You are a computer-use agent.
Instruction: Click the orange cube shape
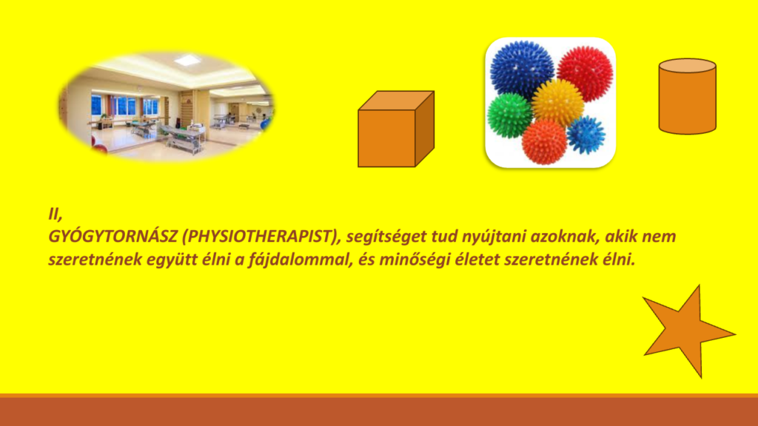396,129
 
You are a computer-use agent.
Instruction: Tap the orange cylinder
688,97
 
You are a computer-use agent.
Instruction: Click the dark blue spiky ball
522,70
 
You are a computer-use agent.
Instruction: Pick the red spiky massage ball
585,73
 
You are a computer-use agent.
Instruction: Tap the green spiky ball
509,115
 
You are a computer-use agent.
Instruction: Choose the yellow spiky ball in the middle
558,102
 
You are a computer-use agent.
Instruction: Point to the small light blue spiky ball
586,135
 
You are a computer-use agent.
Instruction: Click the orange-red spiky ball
544,142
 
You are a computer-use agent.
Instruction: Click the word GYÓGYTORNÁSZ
113,237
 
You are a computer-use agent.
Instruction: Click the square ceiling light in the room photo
187,61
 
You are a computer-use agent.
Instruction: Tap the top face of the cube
396,101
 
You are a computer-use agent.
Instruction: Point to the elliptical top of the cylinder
688,66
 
